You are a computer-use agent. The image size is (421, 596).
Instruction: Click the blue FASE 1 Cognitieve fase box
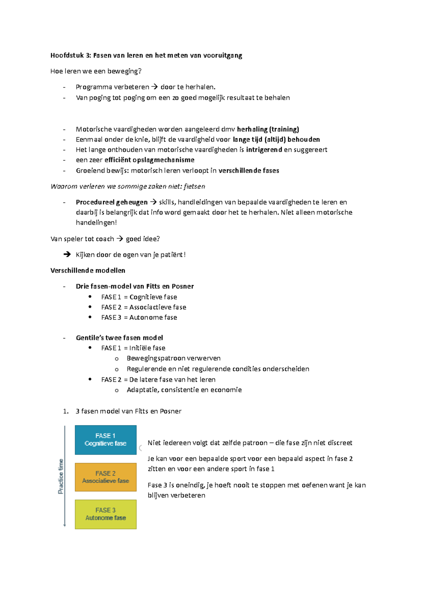pos(106,439)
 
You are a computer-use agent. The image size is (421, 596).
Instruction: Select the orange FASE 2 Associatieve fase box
pos(106,477)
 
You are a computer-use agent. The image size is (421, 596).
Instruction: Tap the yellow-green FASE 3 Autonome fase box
pos(106,514)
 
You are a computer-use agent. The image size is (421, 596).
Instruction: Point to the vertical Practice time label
pos(61,476)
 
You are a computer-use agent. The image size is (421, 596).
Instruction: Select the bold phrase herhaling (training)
pos(268,129)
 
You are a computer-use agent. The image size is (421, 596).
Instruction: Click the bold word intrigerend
pos(264,150)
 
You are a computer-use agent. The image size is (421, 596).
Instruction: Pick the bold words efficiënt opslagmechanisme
pos(149,160)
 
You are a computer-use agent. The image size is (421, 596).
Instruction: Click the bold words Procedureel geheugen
pos(112,202)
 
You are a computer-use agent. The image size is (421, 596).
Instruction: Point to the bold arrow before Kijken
pos(67,254)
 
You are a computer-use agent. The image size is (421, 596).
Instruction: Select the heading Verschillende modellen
pos(88,271)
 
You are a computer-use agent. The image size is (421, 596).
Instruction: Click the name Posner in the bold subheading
pos(182,286)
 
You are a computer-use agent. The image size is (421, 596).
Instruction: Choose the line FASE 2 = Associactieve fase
pos(143,307)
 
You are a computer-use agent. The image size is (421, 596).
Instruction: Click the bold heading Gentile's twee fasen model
pos(119,338)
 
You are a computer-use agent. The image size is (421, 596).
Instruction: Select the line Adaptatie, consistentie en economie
pos(184,390)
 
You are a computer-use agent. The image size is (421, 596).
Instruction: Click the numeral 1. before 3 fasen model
pos(66,411)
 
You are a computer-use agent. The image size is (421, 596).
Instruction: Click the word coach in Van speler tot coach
pos(105,239)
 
